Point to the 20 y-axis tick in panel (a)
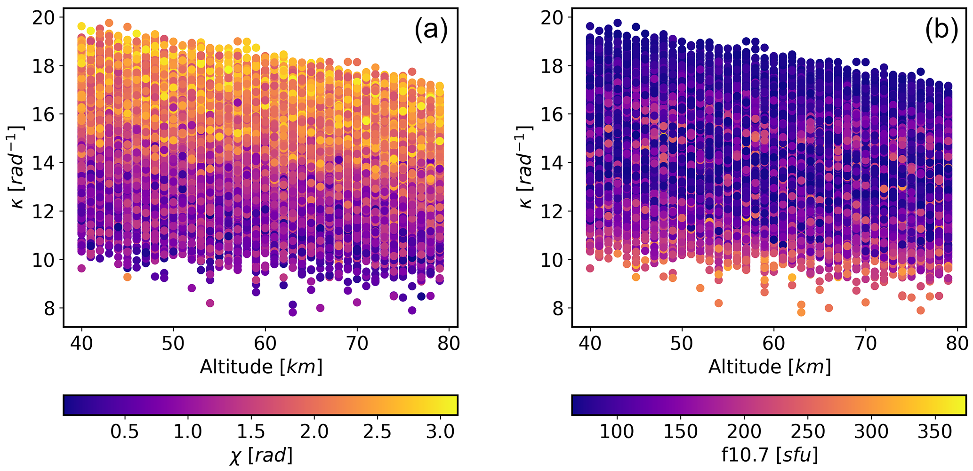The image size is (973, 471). tap(43, 18)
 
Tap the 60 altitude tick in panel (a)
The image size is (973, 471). tap(265, 343)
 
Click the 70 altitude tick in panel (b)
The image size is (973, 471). tap(865, 343)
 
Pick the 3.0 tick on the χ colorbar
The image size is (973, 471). tap(441, 431)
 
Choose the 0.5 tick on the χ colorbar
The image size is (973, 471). tap(125, 431)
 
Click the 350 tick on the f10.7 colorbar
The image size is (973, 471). tap(935, 431)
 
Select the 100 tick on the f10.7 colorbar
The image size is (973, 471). tap(616, 431)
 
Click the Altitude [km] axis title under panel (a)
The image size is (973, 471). tap(261, 367)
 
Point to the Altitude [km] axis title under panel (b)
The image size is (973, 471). tap(769, 367)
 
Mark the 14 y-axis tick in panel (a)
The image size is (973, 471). tap(43, 163)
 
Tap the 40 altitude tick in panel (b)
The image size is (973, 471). tap(590, 343)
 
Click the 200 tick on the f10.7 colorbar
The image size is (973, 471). tap(744, 431)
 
